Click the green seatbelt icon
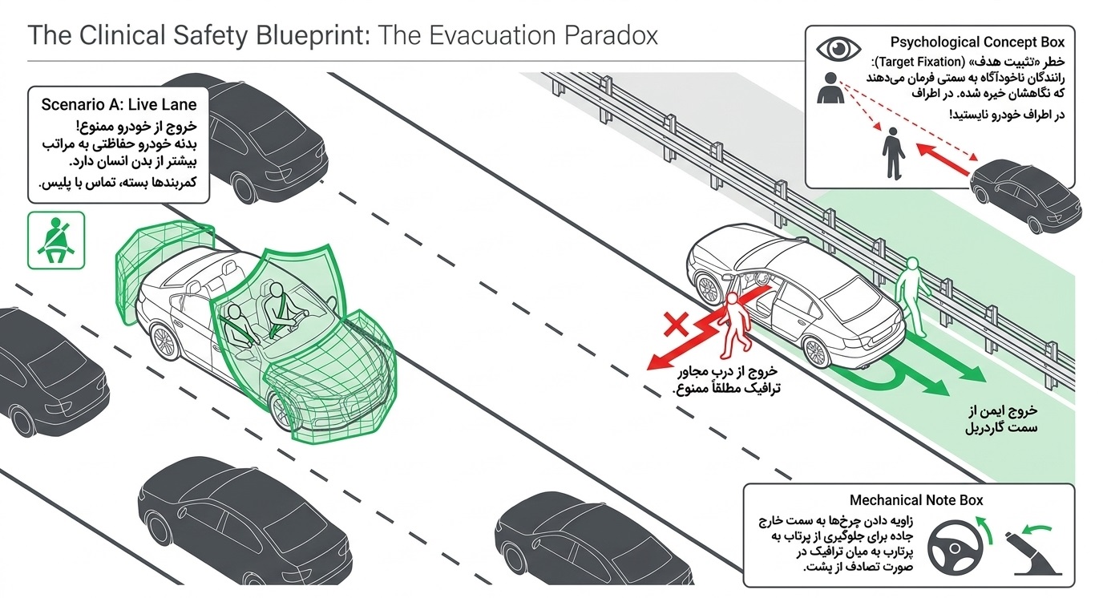click(55, 240)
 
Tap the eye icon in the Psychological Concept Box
click(838, 49)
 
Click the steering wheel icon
click(955, 547)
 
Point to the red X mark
click(676, 324)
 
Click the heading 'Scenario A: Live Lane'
click(119, 104)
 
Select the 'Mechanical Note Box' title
click(916, 500)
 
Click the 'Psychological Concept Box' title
click(977, 42)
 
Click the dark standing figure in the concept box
click(893, 153)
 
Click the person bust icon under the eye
click(830, 87)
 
